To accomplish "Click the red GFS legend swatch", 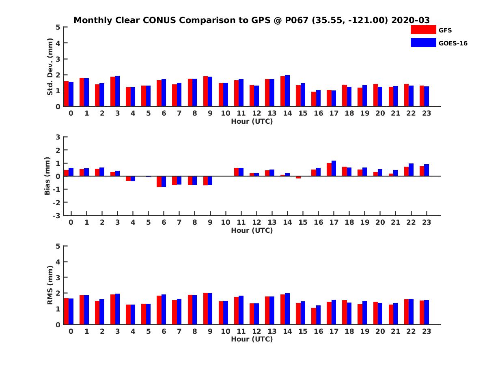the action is [x=423, y=30].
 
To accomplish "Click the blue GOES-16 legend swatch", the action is [x=423, y=43].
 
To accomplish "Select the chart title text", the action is [x=252, y=20].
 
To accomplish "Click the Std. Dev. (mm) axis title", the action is [x=50, y=67].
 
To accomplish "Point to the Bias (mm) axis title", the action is [x=47, y=176].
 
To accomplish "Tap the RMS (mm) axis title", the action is [x=50, y=285].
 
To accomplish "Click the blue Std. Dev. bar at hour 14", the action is [x=287, y=91].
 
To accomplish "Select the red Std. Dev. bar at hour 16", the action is [x=313, y=99].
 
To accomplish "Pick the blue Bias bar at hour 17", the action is [x=334, y=168].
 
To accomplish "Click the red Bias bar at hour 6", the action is [x=159, y=182].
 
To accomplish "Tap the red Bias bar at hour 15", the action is [x=298, y=177].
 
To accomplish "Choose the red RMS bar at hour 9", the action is [x=205, y=309].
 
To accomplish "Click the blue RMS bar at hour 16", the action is [x=318, y=315].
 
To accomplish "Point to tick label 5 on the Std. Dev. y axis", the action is [x=58, y=27].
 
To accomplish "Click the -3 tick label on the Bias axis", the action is [x=56, y=216].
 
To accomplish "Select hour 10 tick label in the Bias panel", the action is [x=226, y=222].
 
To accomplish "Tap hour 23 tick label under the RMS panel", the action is [x=427, y=331].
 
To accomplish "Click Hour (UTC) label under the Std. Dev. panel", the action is [x=252, y=121].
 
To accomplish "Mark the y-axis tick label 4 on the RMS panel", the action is [x=58, y=262].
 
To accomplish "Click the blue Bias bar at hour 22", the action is [x=411, y=170].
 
